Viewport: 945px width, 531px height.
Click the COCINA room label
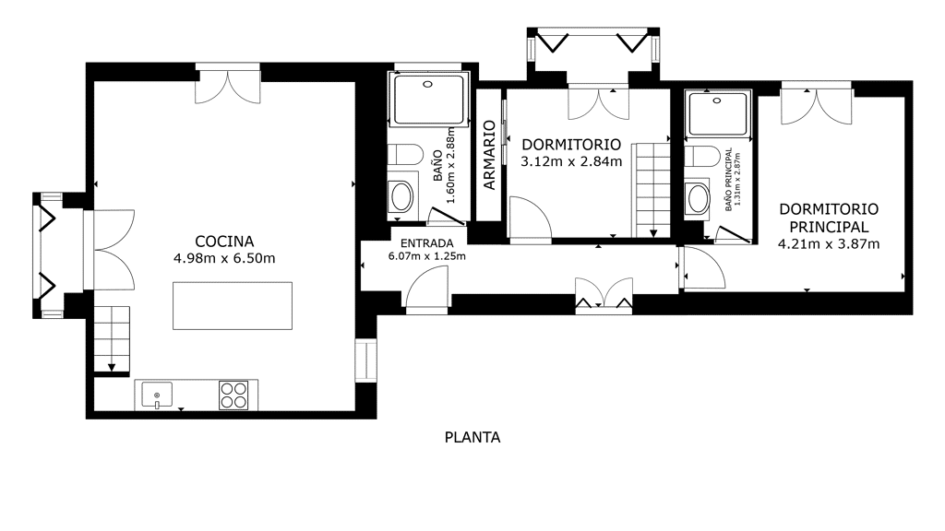click(x=224, y=242)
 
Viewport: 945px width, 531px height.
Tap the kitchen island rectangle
click(x=233, y=306)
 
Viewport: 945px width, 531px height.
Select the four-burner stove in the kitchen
click(x=233, y=395)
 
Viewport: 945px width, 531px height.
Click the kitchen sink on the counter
click(x=157, y=395)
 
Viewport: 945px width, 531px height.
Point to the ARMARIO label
click(x=489, y=155)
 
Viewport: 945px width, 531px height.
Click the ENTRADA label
click(x=426, y=243)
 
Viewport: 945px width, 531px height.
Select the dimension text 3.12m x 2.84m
click(x=571, y=161)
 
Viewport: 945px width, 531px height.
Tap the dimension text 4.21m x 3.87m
click(x=829, y=243)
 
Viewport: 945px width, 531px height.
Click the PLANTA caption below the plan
click(x=472, y=437)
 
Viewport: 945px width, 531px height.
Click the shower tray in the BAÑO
click(x=428, y=100)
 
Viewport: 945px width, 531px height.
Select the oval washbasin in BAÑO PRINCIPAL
click(x=698, y=198)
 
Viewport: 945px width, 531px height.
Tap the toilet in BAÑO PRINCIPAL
click(x=702, y=157)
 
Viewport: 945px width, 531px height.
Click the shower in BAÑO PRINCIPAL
click(x=718, y=113)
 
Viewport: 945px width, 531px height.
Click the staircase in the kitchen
click(x=112, y=339)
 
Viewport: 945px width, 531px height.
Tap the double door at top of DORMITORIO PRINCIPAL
click(x=817, y=107)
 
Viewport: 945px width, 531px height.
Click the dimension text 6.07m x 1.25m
click(x=426, y=256)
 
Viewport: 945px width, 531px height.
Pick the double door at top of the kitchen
click(x=228, y=86)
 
